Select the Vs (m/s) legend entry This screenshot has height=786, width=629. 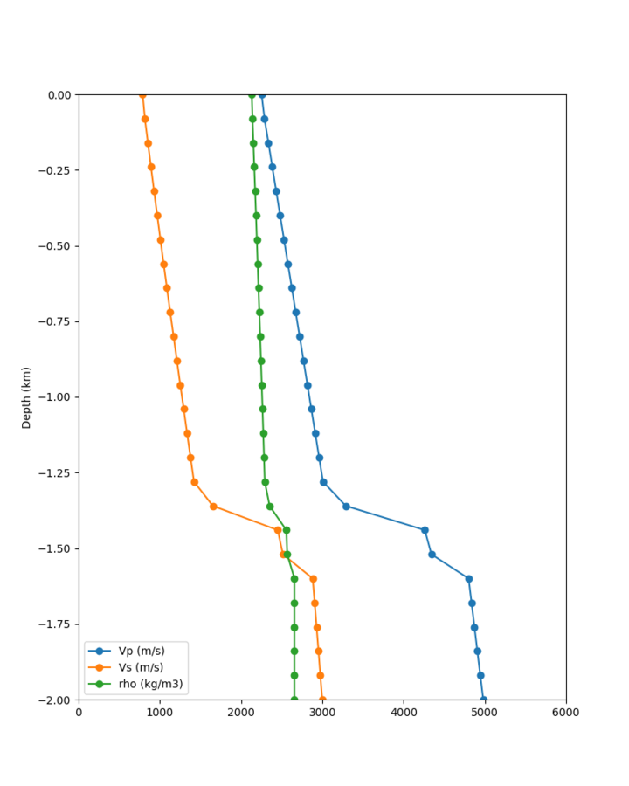141,667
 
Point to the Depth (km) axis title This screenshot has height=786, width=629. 26,397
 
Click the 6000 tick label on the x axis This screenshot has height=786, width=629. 565,713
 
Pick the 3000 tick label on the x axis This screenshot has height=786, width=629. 322,713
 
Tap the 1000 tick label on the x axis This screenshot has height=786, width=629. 160,713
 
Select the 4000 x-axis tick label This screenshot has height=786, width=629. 404,713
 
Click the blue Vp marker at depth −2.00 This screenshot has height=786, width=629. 483,700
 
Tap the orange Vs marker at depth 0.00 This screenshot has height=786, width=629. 142,94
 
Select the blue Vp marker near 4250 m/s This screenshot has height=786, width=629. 425,530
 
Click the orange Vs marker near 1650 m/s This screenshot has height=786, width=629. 213,507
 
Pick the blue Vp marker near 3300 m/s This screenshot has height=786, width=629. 346,507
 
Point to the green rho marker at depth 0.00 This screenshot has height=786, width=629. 252,94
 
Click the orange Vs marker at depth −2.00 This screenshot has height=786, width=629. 322,700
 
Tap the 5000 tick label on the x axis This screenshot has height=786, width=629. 485,713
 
